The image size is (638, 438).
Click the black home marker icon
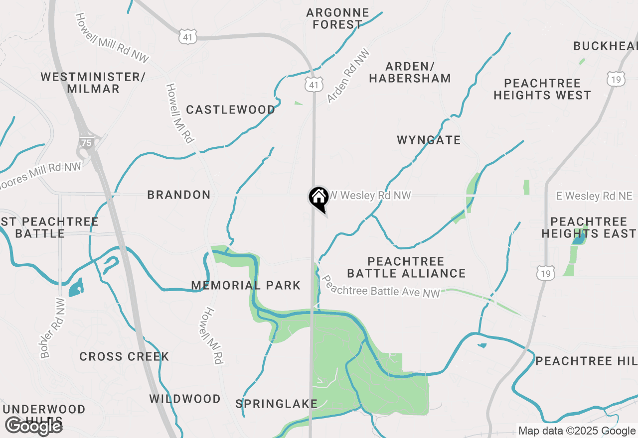point(318,198)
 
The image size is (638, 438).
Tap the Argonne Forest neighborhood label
point(337,18)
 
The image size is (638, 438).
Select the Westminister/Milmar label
point(93,83)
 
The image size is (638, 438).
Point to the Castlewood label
point(230,109)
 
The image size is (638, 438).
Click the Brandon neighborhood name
point(179,195)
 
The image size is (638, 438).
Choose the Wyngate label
point(429,140)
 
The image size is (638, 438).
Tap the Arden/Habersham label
point(410,72)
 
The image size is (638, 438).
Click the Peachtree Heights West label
point(542,89)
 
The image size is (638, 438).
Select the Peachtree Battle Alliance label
point(406,267)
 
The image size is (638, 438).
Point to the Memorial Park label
point(246,285)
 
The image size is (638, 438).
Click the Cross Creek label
point(124,356)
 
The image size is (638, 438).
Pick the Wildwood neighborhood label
point(185,399)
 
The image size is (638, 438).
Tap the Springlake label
point(276,404)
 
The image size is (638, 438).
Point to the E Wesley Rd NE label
point(594,196)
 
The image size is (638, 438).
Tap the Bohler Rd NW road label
point(53,328)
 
